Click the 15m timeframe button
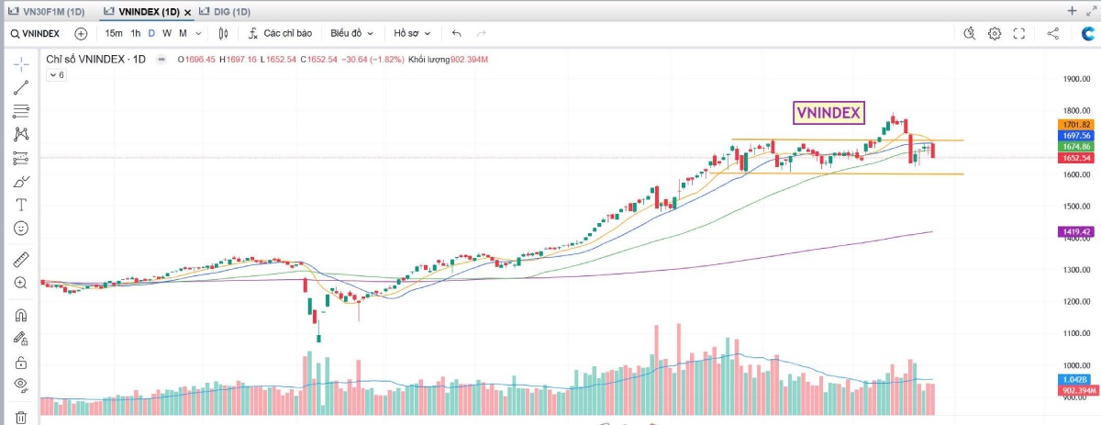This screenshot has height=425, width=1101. [114, 33]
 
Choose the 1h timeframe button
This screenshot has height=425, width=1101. [135, 33]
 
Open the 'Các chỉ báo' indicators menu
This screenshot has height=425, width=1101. [281, 33]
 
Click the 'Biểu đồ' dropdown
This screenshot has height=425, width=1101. [351, 33]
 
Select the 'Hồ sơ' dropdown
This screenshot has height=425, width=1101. [412, 33]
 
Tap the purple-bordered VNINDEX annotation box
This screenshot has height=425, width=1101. [828, 112]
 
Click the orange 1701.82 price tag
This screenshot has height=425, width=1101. [1075, 124]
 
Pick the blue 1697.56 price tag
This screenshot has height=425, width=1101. [1075, 135]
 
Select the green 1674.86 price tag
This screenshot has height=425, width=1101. [1075, 146]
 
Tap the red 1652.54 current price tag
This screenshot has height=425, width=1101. [1075, 158]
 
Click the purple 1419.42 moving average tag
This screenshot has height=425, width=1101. [1075, 232]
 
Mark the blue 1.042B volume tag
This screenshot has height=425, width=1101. [1075, 379]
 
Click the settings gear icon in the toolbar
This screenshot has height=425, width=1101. [995, 33]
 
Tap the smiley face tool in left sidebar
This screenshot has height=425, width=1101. [20, 228]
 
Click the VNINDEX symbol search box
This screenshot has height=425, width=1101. [37, 33]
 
